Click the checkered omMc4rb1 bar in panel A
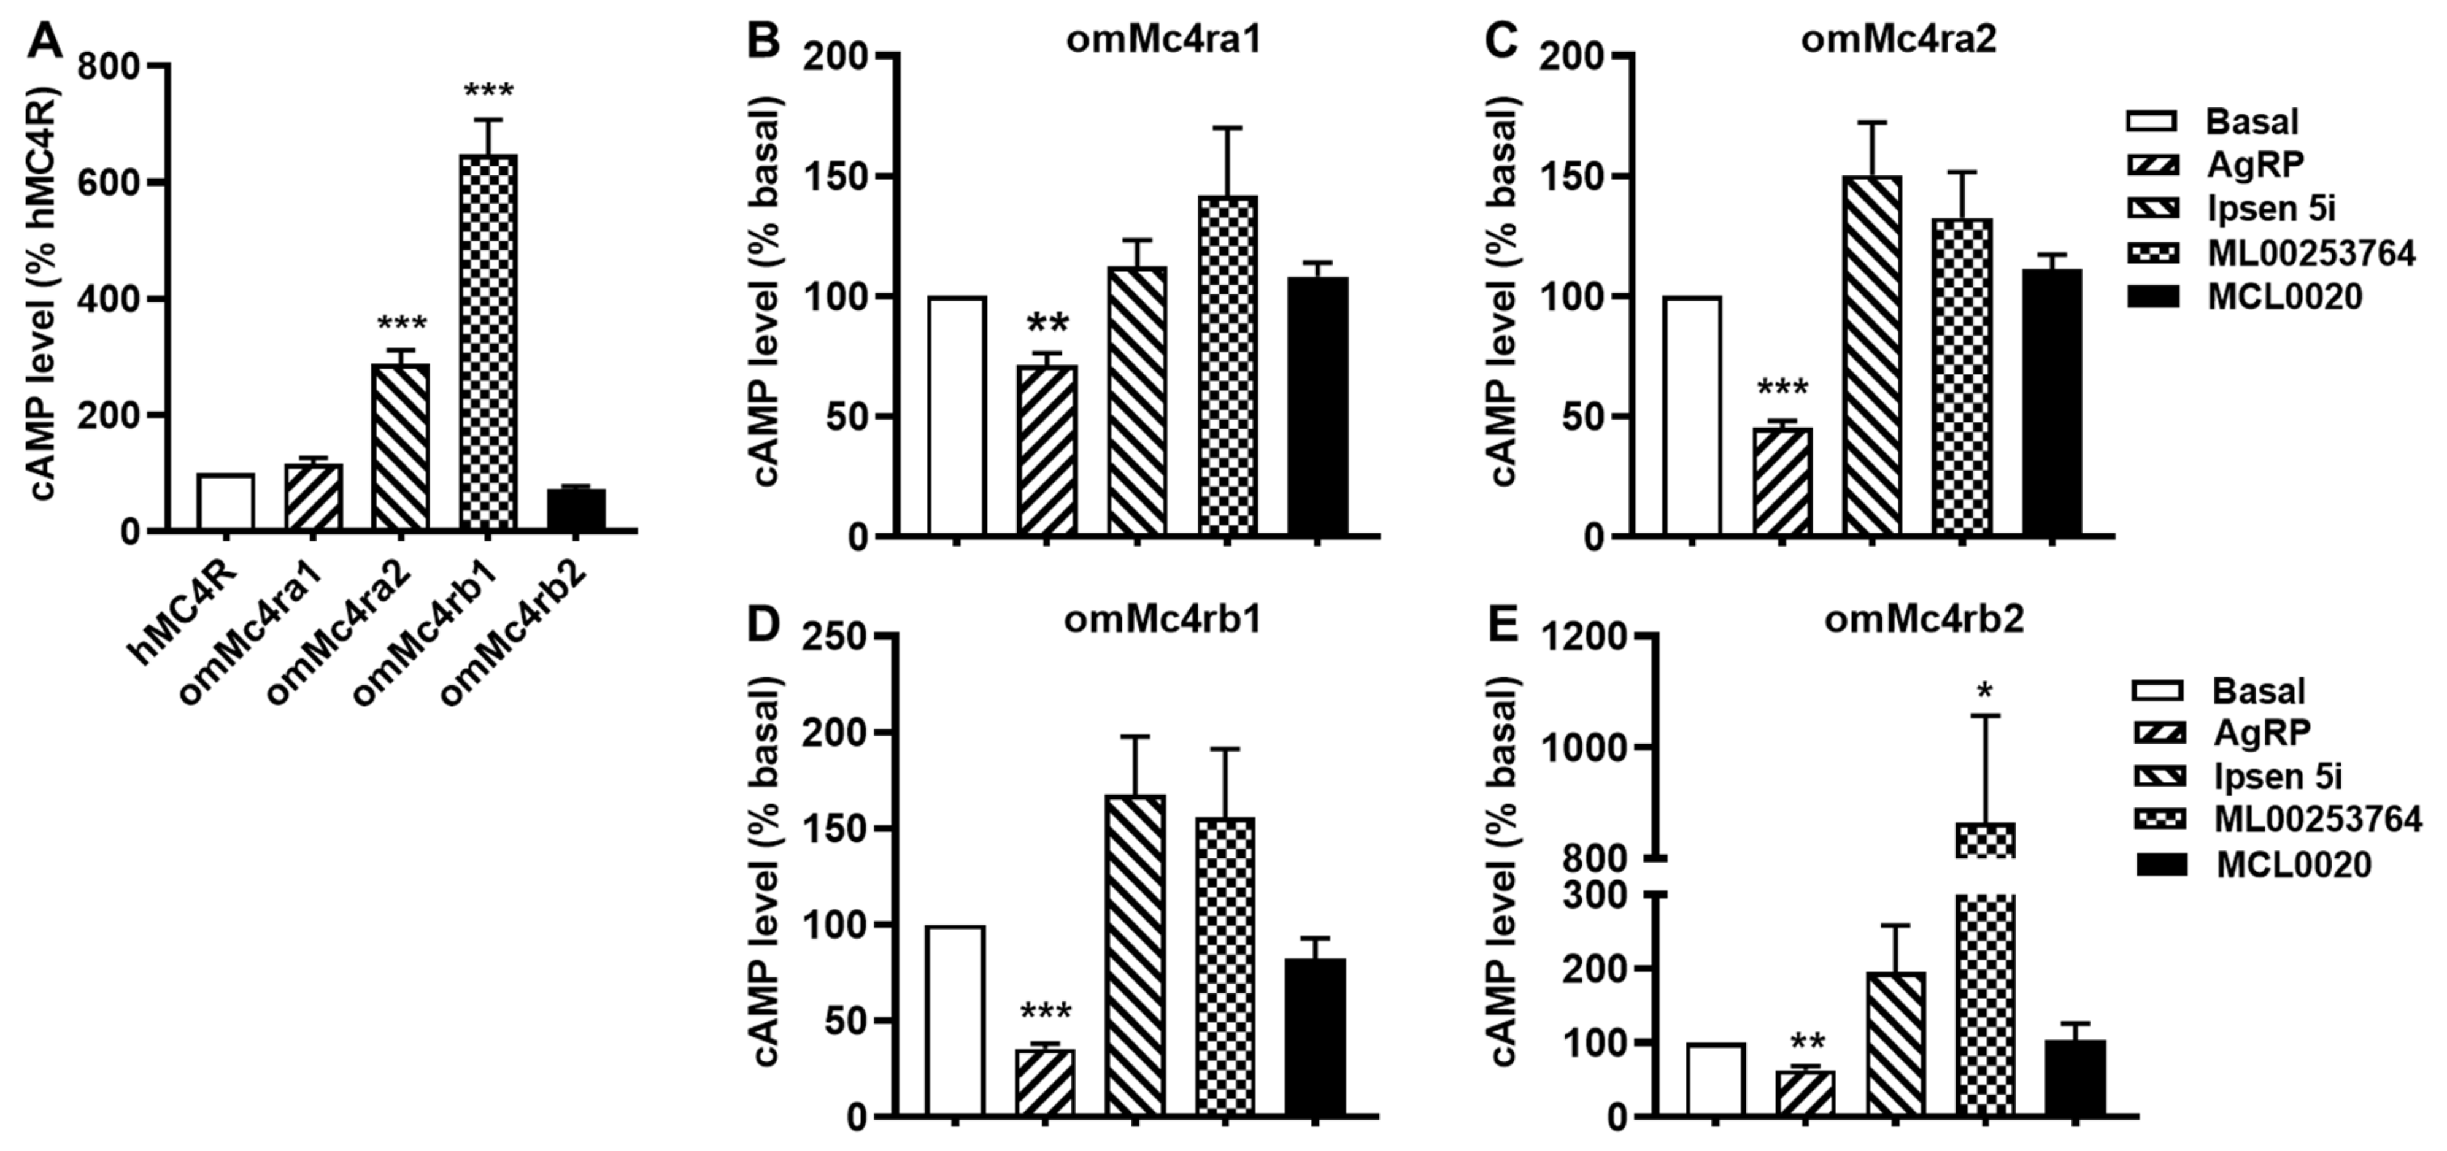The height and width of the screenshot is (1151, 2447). pos(488,342)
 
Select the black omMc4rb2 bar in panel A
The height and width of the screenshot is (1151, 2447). pos(576,510)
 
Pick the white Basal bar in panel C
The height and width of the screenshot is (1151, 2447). pos(1692,417)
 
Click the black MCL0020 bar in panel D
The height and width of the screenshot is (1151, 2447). pos(1315,1036)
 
